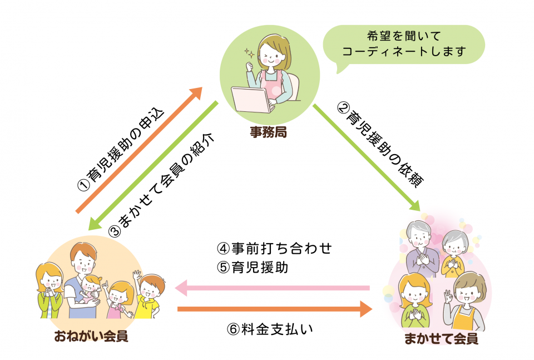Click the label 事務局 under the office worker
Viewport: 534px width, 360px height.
(x=269, y=132)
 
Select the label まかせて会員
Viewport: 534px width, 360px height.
(x=441, y=339)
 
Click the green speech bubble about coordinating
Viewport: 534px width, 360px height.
(x=404, y=45)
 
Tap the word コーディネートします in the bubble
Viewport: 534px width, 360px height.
(x=404, y=52)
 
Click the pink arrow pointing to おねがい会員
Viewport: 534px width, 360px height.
(x=273, y=288)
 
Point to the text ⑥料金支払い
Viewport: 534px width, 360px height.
(x=270, y=329)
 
